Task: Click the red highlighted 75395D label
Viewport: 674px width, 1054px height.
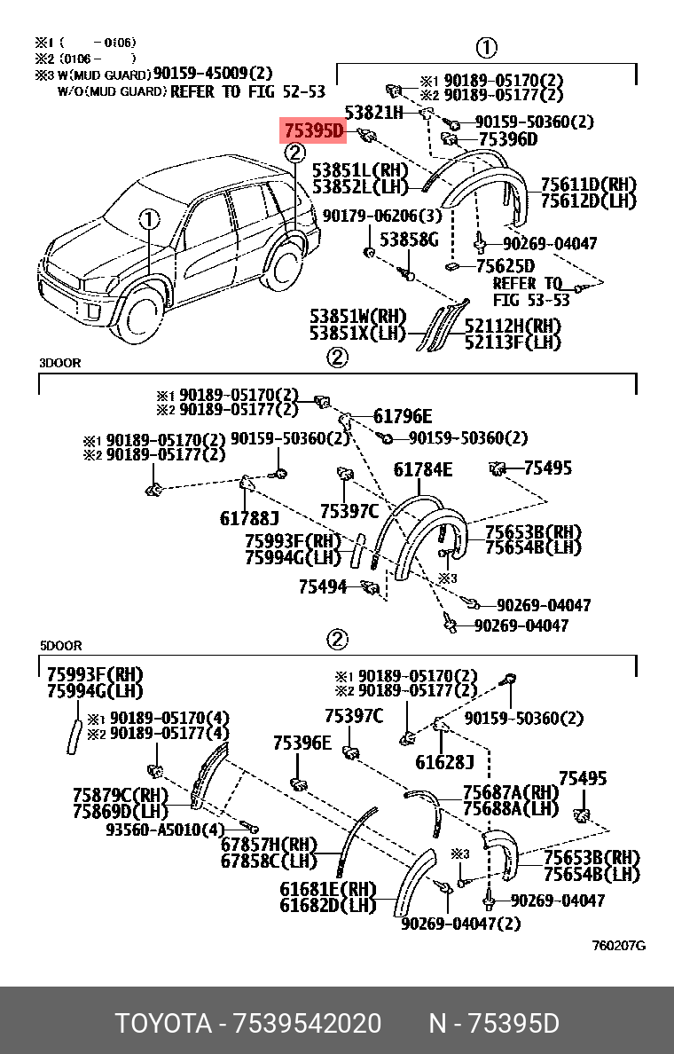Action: (313, 130)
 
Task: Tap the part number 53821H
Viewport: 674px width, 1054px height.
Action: (373, 113)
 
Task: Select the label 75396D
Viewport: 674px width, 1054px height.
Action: (507, 139)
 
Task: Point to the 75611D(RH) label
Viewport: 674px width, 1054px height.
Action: (589, 185)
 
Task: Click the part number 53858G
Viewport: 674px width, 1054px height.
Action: (409, 240)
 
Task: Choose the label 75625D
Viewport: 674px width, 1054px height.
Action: (505, 265)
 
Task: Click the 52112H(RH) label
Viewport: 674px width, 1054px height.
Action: (513, 326)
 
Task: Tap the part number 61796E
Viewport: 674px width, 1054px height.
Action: (403, 416)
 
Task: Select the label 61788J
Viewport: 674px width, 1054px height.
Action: (248, 518)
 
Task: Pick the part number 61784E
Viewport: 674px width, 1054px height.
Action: (423, 469)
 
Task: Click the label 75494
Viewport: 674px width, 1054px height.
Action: (323, 586)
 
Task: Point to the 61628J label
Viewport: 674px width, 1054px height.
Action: (444, 761)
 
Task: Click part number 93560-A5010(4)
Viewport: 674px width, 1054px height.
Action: (165, 830)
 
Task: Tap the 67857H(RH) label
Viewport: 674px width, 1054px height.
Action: (269, 845)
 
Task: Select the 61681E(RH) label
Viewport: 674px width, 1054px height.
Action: (328, 889)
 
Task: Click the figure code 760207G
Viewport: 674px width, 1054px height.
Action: (618, 946)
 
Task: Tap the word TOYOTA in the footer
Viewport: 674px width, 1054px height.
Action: (163, 1024)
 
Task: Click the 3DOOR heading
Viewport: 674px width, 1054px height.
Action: (59, 363)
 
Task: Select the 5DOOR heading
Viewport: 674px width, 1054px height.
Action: (60, 646)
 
